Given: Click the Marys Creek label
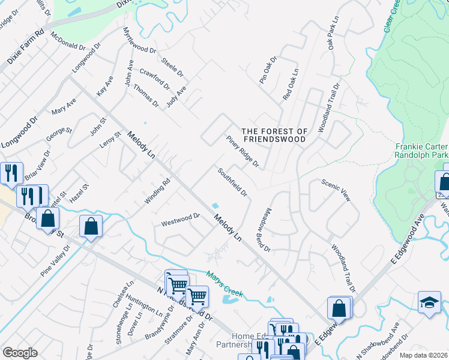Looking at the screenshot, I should point(224,284).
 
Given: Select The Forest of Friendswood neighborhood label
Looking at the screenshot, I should point(274,135).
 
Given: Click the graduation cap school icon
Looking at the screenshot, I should point(429,302).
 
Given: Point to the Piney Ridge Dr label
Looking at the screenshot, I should point(243,151).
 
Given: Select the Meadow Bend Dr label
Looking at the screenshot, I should point(264,229).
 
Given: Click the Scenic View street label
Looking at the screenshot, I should point(335,190).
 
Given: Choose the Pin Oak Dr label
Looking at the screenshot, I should point(268,70).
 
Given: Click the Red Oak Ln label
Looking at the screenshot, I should point(291,85).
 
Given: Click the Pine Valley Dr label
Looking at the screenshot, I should point(55,260).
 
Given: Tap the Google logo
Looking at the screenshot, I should point(20,352).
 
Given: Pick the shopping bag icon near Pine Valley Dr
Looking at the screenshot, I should point(91,227).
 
